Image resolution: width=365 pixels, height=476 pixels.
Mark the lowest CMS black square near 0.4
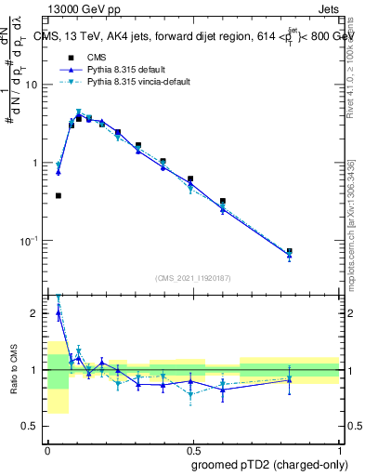(59, 196)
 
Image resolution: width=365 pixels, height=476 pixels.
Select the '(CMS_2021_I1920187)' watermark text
(193, 276)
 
